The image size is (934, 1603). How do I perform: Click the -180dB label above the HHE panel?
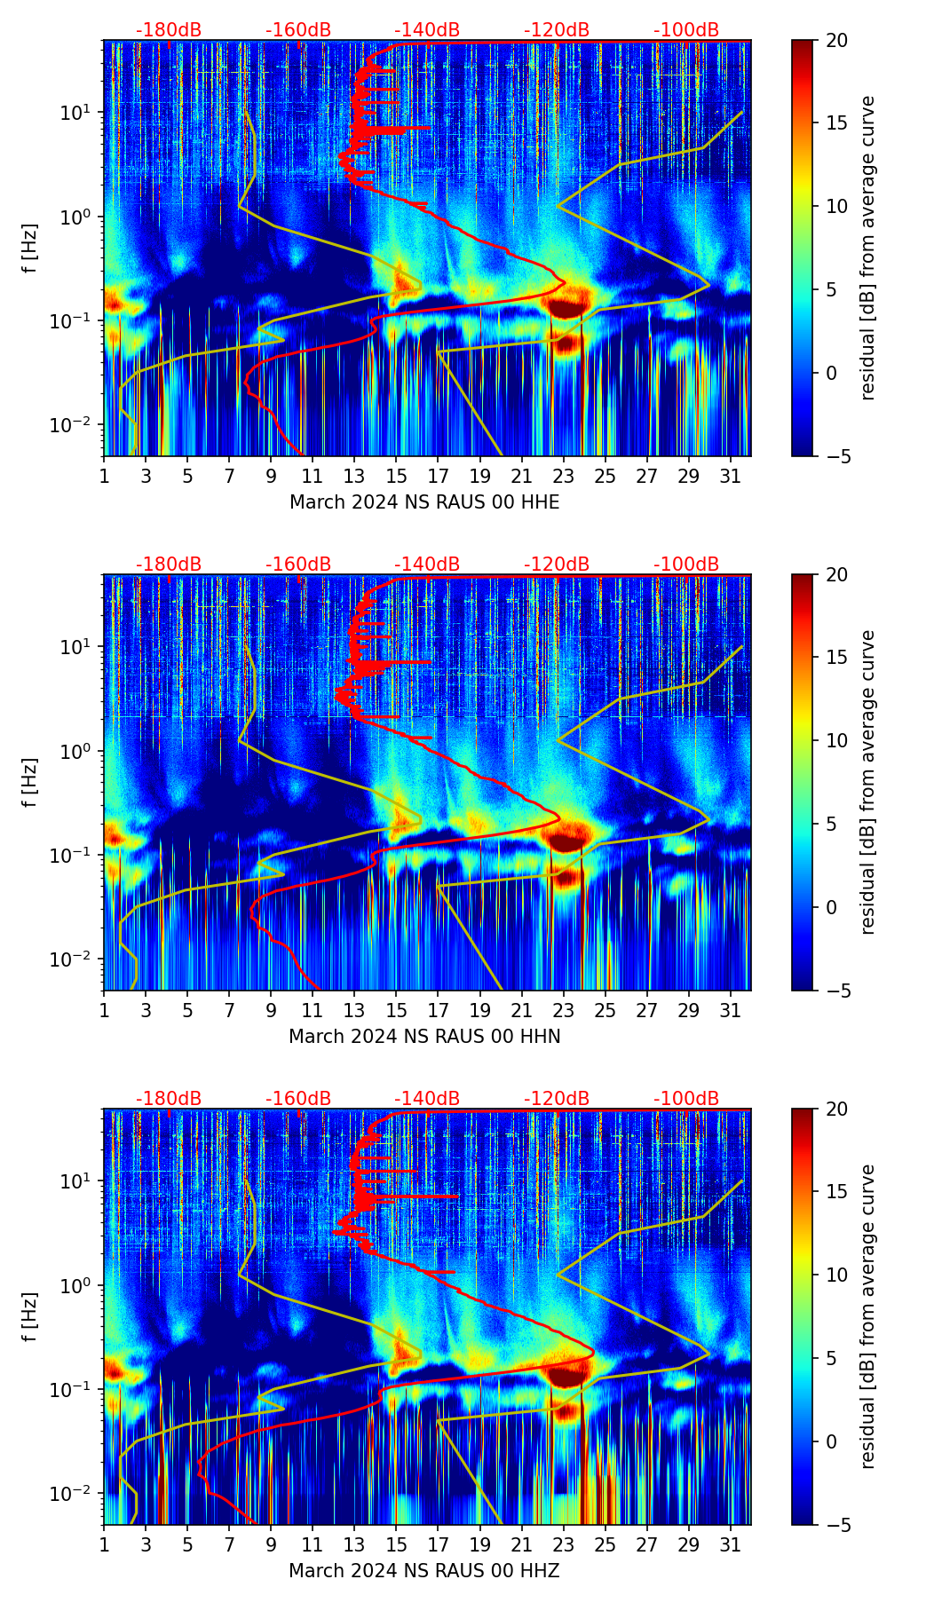point(169,30)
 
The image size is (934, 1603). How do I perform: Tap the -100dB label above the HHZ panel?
point(686,1099)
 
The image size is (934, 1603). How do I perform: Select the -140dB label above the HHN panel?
point(427,565)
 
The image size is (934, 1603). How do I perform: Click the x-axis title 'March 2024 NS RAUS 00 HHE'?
point(424,502)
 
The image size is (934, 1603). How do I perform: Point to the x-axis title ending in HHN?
point(424,1037)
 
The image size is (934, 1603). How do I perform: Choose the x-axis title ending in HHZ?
point(424,1571)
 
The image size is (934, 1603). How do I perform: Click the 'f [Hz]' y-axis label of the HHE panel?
point(30,248)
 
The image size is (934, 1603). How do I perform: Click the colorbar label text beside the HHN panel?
point(868,782)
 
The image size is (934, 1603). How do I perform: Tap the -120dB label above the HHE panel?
point(557,30)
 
